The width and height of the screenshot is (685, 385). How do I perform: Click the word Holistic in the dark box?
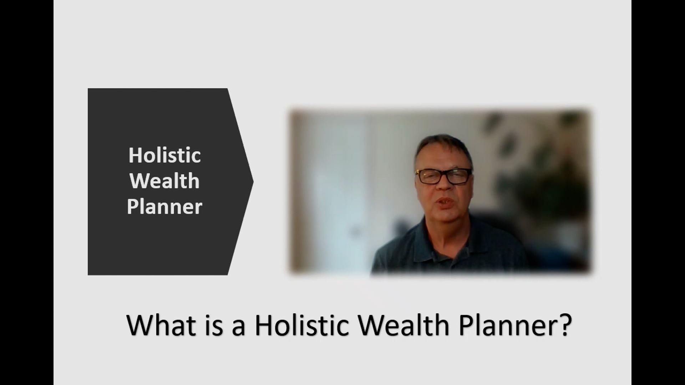point(164,155)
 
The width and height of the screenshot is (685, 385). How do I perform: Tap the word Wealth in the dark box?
point(164,181)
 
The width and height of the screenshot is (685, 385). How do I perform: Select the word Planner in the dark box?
point(164,207)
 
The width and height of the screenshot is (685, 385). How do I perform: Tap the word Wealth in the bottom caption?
point(404,325)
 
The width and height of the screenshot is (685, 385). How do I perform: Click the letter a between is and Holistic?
point(238,327)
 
